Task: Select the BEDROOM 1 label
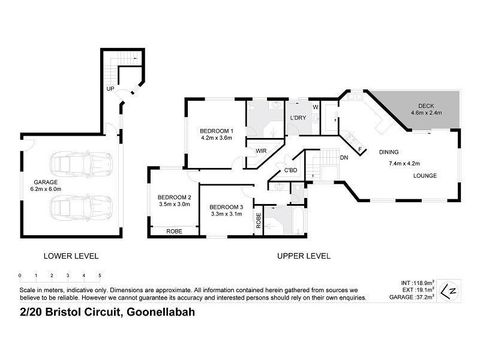216,134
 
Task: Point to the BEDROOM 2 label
174,200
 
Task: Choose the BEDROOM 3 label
226,210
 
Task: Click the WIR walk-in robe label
261,151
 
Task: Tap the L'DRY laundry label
298,118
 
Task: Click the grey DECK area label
427,109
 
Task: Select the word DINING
388,152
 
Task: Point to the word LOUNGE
424,175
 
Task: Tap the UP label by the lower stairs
110,89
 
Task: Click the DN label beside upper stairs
344,157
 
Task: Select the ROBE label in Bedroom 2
174,230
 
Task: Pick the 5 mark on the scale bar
99,276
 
